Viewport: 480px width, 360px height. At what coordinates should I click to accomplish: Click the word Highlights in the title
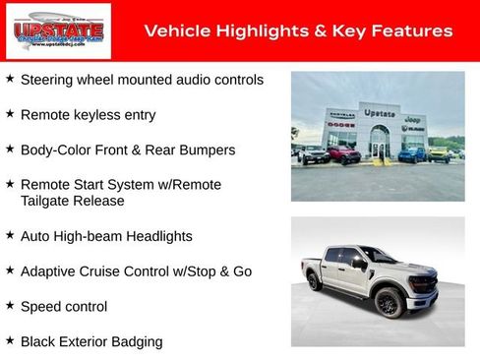tap(252, 30)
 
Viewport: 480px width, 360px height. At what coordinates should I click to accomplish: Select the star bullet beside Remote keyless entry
tap(10, 114)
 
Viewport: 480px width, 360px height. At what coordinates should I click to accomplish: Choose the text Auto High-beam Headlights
tap(106, 236)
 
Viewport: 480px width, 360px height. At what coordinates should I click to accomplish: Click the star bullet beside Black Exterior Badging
tap(10, 340)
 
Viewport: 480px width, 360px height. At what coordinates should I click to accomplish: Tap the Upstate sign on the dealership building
tap(379, 113)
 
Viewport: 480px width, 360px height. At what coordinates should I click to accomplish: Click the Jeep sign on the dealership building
tap(413, 118)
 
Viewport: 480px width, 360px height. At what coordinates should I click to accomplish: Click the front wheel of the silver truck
tap(388, 303)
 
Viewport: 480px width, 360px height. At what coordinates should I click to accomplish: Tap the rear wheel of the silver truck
tap(315, 282)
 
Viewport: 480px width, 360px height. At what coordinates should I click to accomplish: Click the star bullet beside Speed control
tap(10, 306)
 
